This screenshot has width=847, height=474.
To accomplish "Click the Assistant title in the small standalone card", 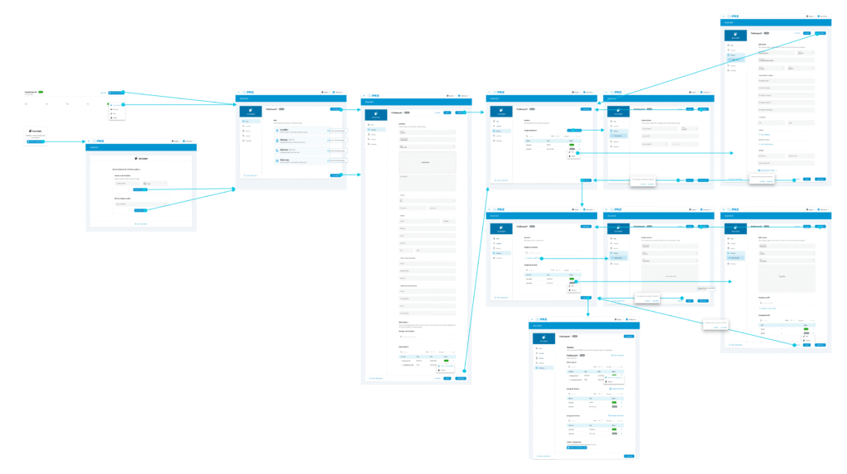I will [x=36, y=130].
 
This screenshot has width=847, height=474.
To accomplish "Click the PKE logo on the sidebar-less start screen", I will [x=98, y=141].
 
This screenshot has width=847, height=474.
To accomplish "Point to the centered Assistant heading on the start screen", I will [x=141, y=159].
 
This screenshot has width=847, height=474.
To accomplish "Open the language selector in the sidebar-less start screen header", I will [x=175, y=141].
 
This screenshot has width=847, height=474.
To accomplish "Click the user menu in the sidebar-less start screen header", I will [x=187, y=141].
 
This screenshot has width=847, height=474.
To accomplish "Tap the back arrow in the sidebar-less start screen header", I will [x=89, y=141].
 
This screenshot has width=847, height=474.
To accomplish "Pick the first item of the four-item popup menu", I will [x=115, y=105].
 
